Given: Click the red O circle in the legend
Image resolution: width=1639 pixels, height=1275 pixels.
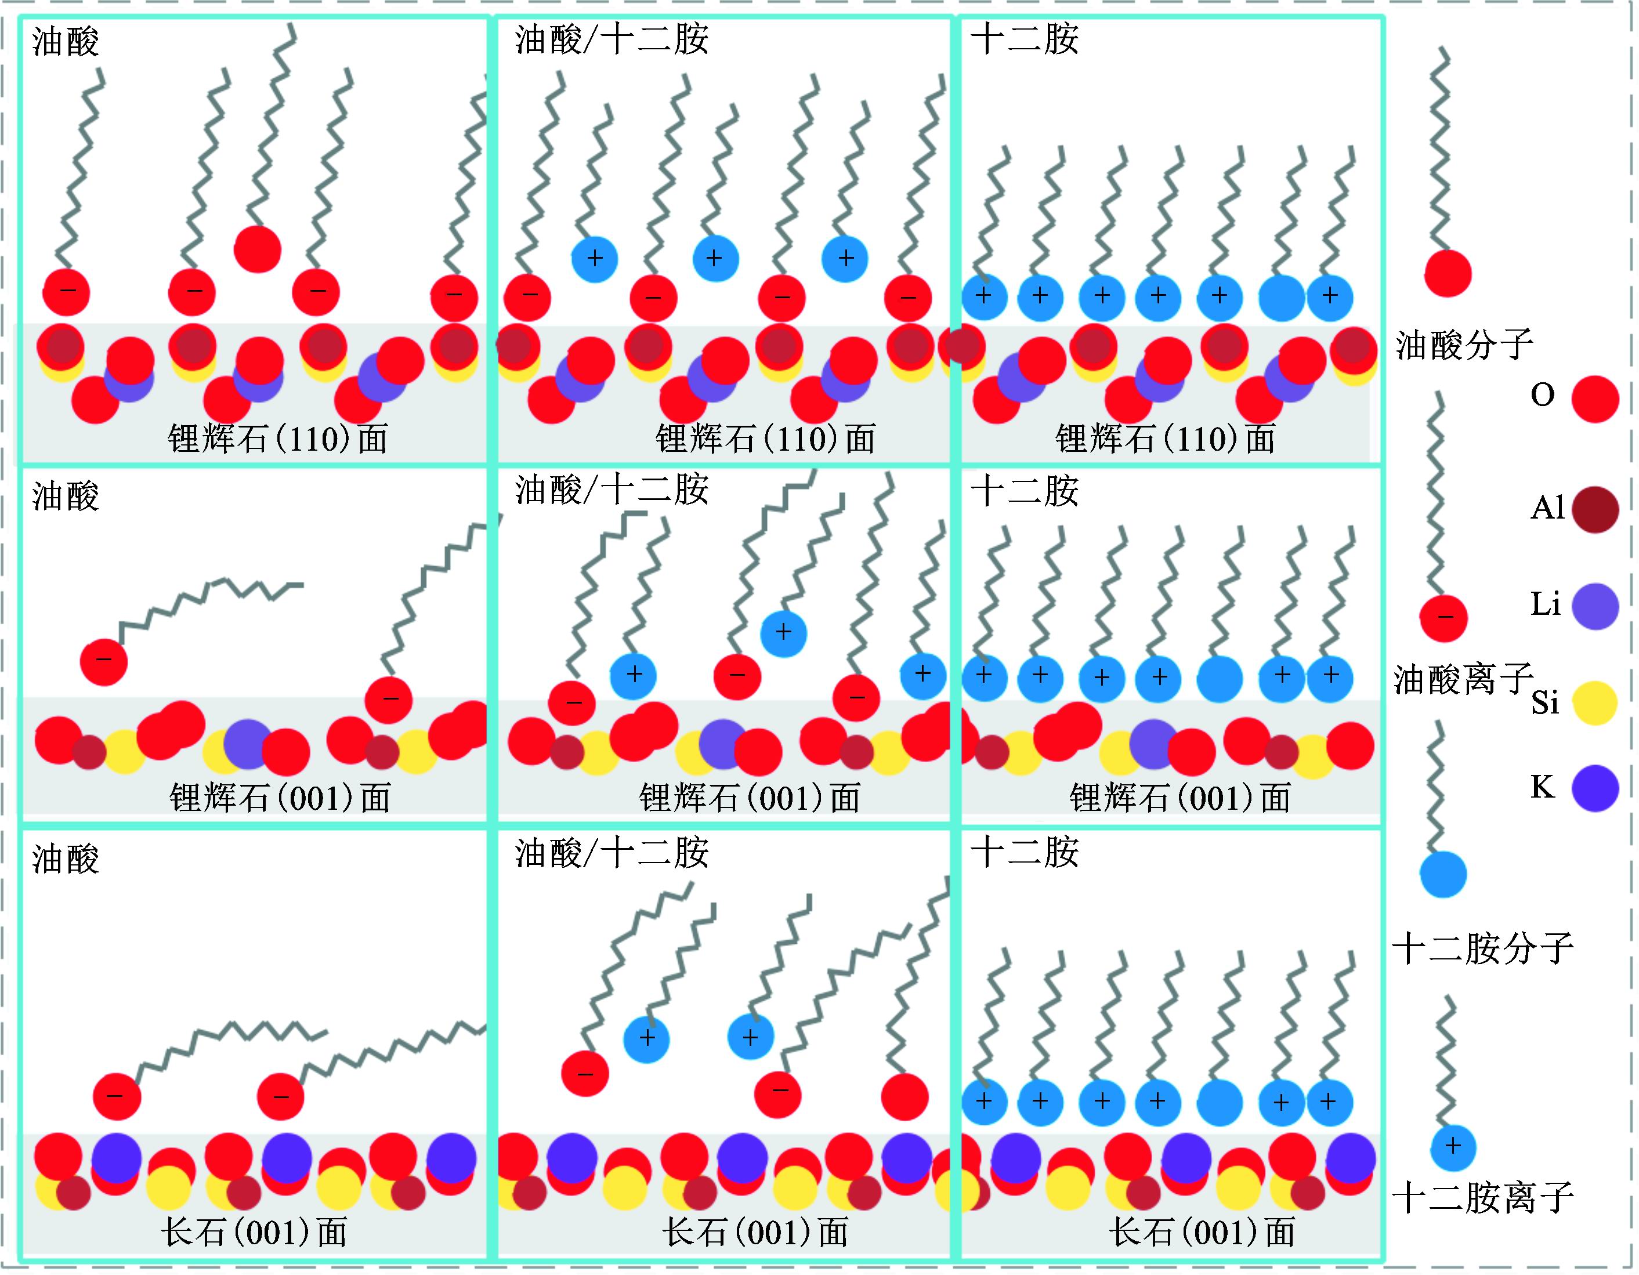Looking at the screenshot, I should click(x=1595, y=399).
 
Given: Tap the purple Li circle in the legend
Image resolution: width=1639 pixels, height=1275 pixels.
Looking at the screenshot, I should click(x=1595, y=606).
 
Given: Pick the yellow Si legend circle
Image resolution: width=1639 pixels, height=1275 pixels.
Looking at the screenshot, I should click(x=1595, y=703).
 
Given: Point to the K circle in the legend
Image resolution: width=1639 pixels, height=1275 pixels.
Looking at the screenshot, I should click(x=1595, y=788).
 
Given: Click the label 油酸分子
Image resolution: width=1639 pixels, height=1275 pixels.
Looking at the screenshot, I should click(x=1463, y=345).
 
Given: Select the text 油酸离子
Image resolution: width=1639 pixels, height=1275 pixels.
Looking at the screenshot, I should click(x=1463, y=679).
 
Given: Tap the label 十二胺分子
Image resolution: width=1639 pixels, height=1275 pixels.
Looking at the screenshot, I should click(x=1483, y=948).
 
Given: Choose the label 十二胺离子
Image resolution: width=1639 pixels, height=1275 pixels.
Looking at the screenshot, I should click(x=1483, y=1198).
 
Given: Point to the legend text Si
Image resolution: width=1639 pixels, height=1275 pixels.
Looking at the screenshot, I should click(x=1545, y=703).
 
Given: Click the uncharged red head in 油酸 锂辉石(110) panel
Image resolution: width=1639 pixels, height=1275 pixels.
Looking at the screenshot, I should click(x=258, y=249).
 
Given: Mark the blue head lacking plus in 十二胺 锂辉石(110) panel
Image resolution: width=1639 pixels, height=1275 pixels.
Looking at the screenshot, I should click(x=1281, y=297).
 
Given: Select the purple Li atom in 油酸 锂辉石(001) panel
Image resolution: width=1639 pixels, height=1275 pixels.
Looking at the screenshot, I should click(x=247, y=744).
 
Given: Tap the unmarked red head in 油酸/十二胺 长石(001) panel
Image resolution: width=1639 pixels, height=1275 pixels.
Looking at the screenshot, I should click(x=904, y=1097).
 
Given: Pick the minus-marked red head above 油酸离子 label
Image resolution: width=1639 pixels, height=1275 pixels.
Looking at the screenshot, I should click(x=1443, y=618).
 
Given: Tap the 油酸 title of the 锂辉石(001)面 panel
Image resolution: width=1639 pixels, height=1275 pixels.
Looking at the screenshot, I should click(x=66, y=497).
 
